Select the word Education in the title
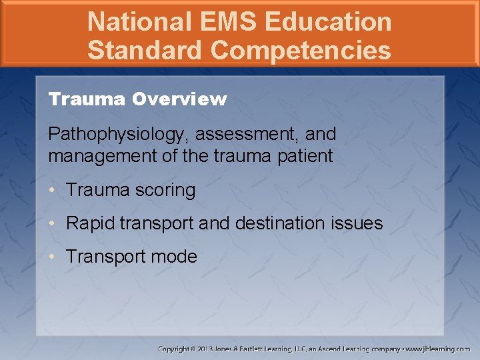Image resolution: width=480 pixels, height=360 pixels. pos(328,21)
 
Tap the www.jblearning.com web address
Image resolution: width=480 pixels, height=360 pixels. pos(438,349)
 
